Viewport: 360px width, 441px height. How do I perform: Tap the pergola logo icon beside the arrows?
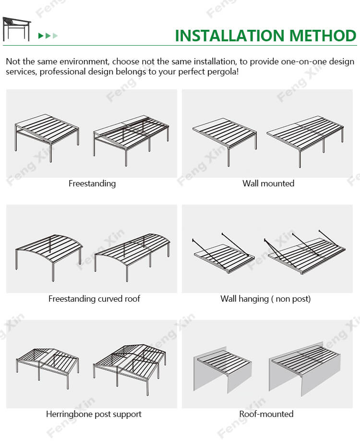tap(17, 29)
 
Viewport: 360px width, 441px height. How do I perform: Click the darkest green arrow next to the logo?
tap(41, 36)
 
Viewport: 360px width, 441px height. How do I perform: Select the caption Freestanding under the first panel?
tap(92, 184)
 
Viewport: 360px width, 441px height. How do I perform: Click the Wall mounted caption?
tap(268, 184)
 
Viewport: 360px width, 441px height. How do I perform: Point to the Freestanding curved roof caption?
tap(94, 299)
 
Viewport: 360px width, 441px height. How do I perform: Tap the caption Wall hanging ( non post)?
tap(265, 299)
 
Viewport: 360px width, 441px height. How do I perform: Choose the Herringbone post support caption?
tap(94, 414)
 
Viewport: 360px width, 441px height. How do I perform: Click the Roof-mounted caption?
tap(266, 414)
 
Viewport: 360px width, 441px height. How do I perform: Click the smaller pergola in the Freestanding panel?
tap(47, 137)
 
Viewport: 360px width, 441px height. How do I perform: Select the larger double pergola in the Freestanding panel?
tap(131, 140)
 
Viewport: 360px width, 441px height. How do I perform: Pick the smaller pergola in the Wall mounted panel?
tap(225, 141)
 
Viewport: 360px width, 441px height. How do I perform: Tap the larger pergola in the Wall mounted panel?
tap(305, 141)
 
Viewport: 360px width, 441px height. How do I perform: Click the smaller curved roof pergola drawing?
tap(49, 257)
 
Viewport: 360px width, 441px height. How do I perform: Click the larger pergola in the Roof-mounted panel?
tap(305, 368)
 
